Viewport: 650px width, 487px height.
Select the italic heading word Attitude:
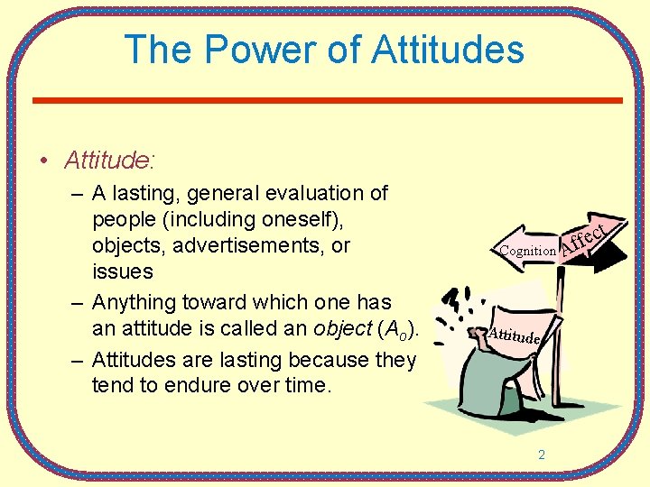tap(109, 161)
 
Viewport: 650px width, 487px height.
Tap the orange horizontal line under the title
tap(327, 99)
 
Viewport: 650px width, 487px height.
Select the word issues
tap(122, 271)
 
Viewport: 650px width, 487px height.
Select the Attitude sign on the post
tap(515, 335)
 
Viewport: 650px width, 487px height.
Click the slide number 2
tap(542, 455)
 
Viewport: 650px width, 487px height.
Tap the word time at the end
tap(310, 386)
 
